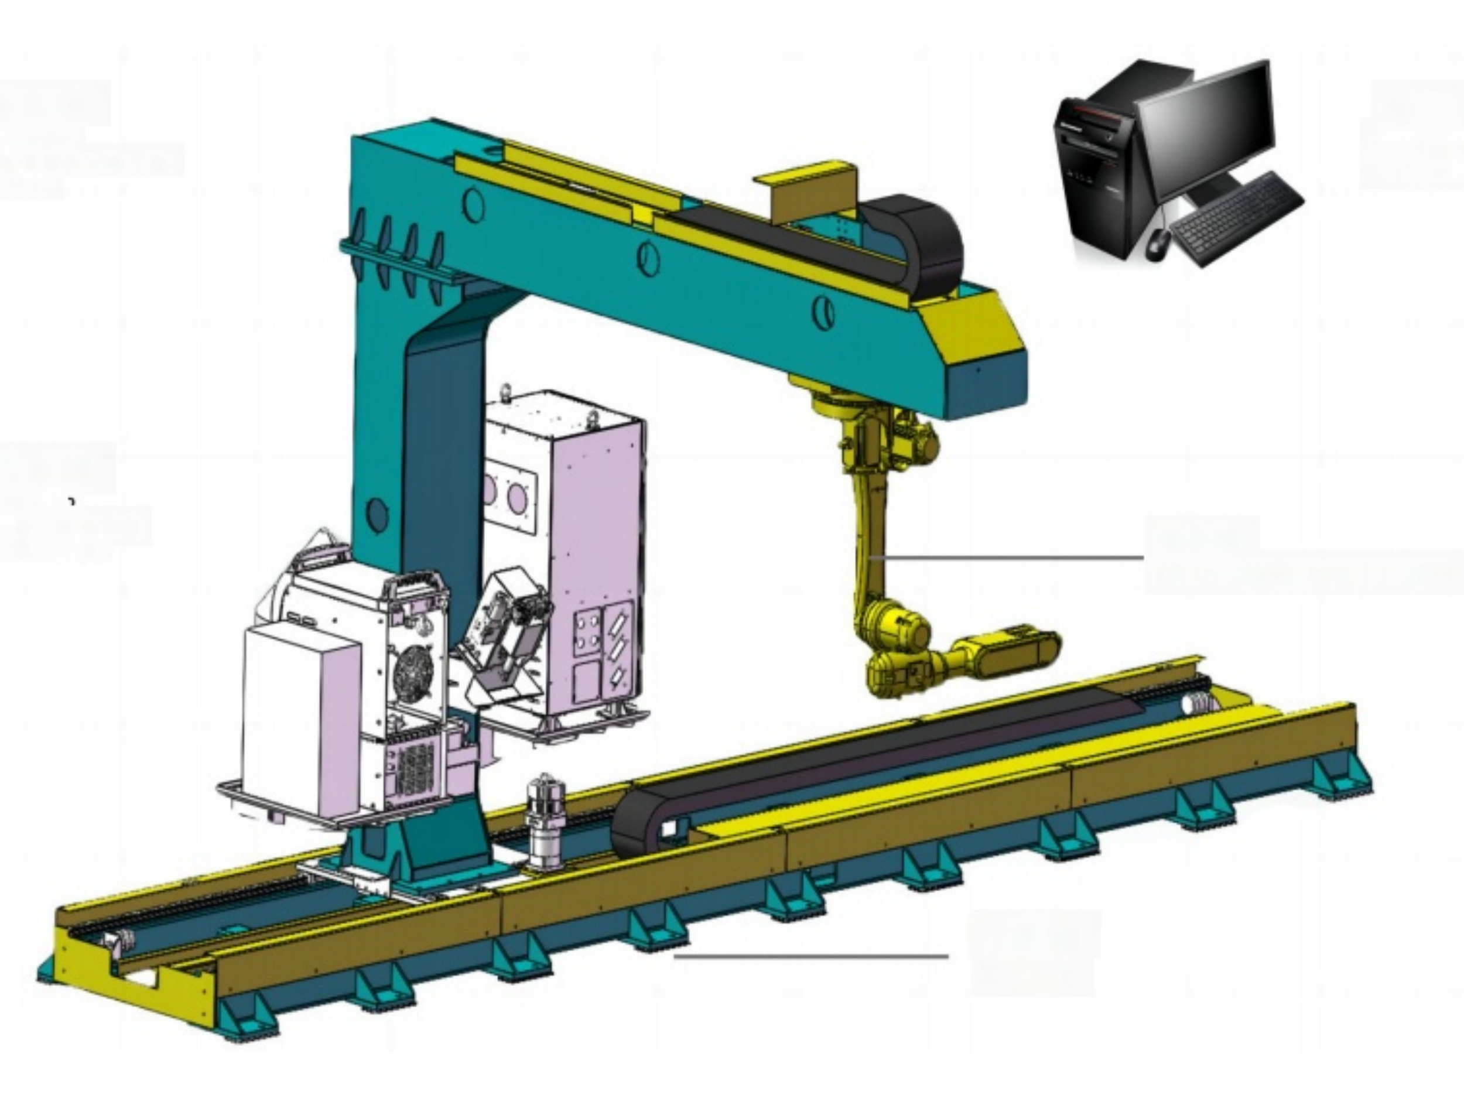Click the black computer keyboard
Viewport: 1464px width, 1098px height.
1236,218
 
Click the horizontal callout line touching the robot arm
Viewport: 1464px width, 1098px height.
1006,558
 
